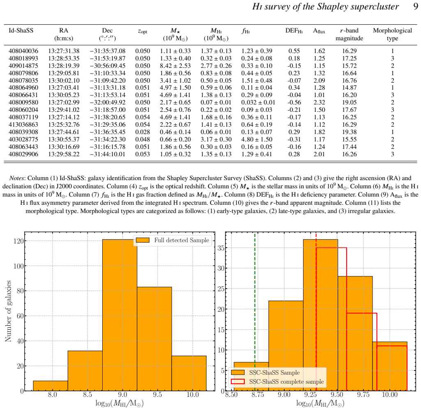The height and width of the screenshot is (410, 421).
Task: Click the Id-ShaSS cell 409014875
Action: pyautogui.click(x=23, y=66)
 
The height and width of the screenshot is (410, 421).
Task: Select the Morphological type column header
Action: pyautogui.click(x=392, y=35)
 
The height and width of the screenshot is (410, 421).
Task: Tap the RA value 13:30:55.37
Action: pyautogui.click(x=64, y=139)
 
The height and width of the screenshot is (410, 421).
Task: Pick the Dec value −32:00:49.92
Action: pyautogui.click(x=108, y=102)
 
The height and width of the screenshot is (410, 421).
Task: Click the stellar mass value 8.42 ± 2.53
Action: pyautogui.click(x=175, y=66)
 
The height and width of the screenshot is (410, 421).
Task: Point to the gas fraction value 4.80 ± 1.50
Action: pyautogui.click(x=257, y=139)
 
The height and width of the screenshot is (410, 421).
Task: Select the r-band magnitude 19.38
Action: pyautogui.click(x=349, y=132)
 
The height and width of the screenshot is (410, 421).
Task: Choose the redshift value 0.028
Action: pyautogui.click(x=143, y=132)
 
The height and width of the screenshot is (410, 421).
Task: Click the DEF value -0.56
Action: pyautogui.click(x=294, y=102)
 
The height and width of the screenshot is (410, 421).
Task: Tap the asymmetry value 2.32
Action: pyautogui.click(x=319, y=102)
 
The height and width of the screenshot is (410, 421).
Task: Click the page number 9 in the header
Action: pyautogui.click(x=415, y=7)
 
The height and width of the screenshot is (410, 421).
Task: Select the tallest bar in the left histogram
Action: pyautogui.click(x=120, y=315)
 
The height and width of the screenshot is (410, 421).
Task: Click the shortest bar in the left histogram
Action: pyautogui.click(x=51, y=386)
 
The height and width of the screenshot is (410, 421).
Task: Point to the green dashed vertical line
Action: pyautogui.click(x=255, y=311)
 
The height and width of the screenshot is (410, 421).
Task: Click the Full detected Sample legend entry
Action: pyautogui.click(x=173, y=240)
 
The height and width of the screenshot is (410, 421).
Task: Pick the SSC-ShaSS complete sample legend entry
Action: pyautogui.click(x=277, y=382)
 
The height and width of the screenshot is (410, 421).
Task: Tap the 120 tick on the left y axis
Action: pyautogui.click(x=18, y=241)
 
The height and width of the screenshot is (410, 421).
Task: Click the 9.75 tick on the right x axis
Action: pyautogui.click(x=363, y=395)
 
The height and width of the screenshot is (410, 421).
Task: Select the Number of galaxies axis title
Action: pyautogui.click(x=8, y=311)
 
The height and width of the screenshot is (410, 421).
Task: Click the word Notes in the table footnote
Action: pyautogui.click(x=17, y=178)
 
